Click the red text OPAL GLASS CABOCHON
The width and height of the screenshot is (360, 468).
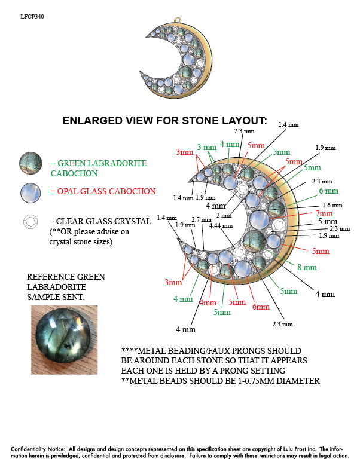(106, 191)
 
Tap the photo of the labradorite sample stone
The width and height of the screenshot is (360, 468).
(64, 334)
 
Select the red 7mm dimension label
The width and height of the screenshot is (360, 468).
(324, 213)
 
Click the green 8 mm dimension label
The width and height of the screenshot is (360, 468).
(307, 268)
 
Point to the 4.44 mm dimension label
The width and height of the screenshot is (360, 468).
(219, 226)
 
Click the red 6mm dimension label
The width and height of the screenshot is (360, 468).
(260, 307)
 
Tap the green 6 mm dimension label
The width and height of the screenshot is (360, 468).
(328, 191)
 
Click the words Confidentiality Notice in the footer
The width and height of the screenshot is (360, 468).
(38, 448)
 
